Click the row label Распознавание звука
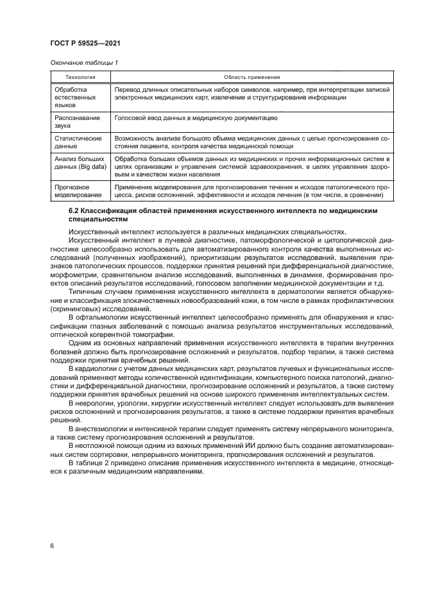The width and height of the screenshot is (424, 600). point(72,122)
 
